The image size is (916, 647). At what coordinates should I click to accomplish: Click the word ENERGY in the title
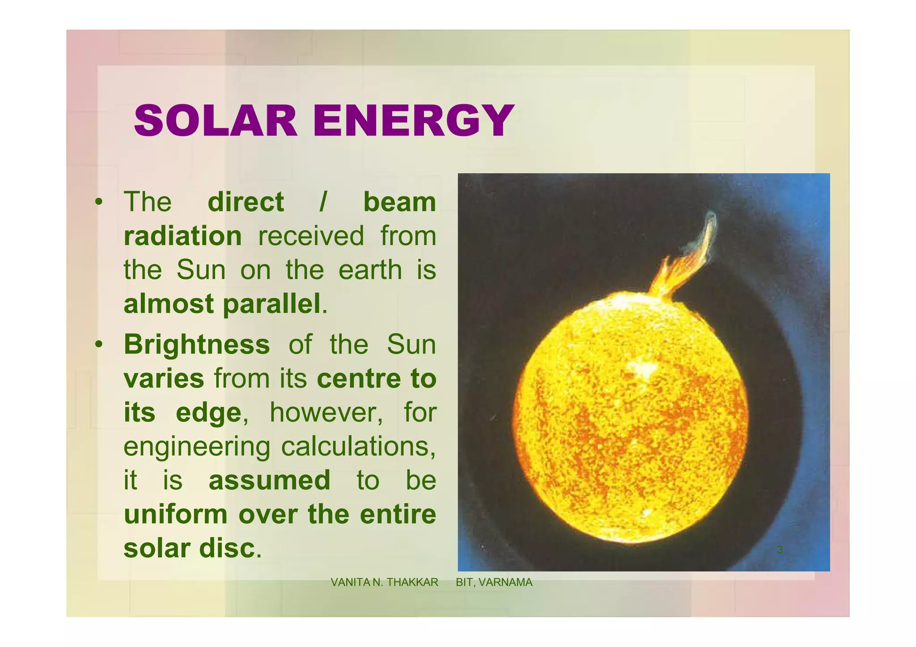pos(413,121)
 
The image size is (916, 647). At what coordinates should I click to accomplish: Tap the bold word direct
pos(246,202)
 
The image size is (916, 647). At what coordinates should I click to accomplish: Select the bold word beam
pos(399,202)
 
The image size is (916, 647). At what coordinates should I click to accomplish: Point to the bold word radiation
pos(182,236)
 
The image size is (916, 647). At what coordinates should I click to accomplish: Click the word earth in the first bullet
pos(370,270)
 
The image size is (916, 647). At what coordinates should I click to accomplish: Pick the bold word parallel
pos(271,304)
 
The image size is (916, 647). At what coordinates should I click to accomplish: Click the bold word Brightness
pos(197,345)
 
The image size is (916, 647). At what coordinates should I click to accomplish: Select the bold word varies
pos(164,379)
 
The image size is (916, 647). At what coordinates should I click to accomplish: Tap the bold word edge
pos(209,412)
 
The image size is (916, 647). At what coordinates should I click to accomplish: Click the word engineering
pos(197,447)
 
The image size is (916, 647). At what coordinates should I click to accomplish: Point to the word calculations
pos(358,447)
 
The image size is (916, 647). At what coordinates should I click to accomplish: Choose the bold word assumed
pos(269,480)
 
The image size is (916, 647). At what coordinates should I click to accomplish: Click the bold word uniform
pos(176,514)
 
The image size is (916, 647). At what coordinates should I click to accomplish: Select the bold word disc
pos(227,548)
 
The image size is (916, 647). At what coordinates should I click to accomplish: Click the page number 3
pos(780,550)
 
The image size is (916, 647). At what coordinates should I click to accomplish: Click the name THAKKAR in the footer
pos(412,583)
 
